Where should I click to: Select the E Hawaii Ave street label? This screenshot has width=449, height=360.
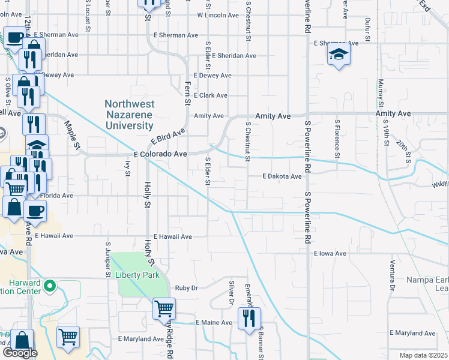[172, 237]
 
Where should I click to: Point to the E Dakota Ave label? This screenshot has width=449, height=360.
[282, 176]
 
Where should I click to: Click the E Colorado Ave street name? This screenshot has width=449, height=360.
[160, 154]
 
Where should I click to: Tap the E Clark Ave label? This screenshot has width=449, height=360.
[209, 95]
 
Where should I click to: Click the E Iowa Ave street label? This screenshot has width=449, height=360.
[330, 254]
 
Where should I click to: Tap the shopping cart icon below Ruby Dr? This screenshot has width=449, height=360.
[164, 309]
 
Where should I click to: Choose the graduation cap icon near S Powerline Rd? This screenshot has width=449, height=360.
[339, 56]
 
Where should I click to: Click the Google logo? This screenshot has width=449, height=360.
[20, 353]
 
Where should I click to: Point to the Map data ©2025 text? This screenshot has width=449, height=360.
[423, 355]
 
